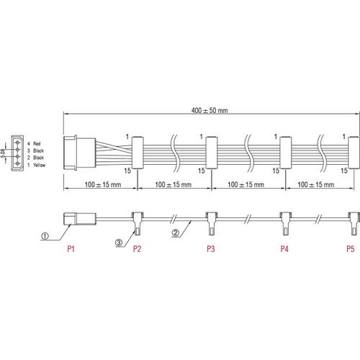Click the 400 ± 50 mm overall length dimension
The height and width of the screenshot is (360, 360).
click(210, 110)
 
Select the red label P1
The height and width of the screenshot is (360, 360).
click(71, 249)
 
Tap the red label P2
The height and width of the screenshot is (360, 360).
click(137, 249)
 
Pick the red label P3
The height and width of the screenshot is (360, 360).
click(211, 249)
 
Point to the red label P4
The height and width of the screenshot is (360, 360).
click(284, 249)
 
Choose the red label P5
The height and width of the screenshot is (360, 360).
click(351, 249)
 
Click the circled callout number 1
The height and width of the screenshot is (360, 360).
click(45, 236)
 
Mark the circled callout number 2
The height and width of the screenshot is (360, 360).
click(176, 233)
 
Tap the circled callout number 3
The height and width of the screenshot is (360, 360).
click(119, 243)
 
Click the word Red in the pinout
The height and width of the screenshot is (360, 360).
click(37, 144)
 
